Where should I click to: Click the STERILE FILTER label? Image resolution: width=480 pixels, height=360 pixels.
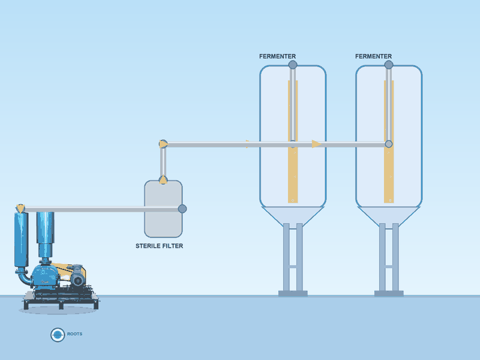159,246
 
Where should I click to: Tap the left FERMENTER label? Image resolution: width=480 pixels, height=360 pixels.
277,56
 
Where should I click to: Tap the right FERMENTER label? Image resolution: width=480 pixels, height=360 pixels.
373,56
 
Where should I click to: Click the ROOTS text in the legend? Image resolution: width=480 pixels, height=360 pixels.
74,334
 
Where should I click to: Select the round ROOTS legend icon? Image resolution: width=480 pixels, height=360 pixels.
58,335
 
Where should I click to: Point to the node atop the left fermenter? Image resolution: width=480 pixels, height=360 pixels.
293,65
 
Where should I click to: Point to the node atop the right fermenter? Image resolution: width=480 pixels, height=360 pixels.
389,65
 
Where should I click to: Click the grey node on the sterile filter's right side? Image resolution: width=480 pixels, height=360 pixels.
182,209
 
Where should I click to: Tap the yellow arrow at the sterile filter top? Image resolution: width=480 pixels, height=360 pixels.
163,180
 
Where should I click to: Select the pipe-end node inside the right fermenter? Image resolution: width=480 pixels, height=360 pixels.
389,144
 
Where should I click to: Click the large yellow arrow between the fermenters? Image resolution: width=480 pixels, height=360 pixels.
317,144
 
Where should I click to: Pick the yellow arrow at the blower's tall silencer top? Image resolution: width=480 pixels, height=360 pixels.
20,209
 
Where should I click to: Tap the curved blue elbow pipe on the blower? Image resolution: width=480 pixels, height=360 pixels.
24,277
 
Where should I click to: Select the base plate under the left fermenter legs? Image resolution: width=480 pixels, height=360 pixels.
293,293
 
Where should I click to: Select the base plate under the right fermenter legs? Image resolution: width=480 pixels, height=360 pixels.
389,293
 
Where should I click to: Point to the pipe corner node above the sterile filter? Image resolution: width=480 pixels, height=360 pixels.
163,144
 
